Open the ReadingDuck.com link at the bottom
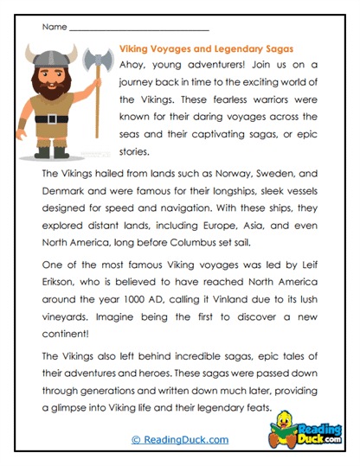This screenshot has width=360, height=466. click(x=180, y=439)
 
